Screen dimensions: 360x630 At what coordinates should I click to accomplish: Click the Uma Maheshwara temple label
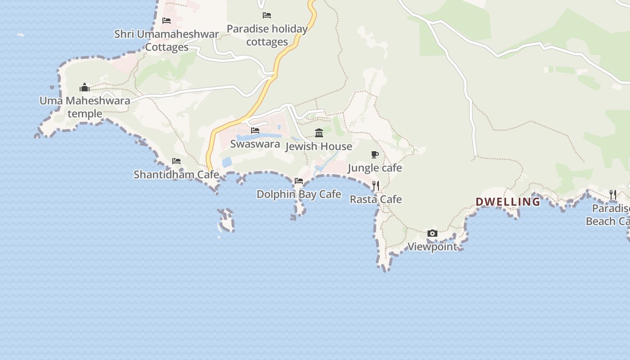point(85,107)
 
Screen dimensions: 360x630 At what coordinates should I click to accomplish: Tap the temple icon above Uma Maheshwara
point(85,87)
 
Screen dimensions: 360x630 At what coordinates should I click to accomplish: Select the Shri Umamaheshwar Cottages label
point(166,40)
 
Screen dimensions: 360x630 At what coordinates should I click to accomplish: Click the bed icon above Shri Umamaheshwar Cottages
point(166,21)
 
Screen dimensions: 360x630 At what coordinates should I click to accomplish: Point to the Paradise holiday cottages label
point(267,35)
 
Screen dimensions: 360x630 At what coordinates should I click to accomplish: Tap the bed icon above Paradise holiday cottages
point(267,15)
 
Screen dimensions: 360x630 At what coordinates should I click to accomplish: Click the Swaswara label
point(255,144)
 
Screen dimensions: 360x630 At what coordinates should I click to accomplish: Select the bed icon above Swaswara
point(255,130)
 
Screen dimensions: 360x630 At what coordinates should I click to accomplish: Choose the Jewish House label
point(319,146)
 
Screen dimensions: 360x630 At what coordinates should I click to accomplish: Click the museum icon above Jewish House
point(319,133)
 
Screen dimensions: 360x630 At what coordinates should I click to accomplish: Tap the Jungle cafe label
point(375,168)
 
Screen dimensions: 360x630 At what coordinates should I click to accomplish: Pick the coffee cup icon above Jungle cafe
point(374,155)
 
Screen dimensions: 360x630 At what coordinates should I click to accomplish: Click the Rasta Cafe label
point(376,199)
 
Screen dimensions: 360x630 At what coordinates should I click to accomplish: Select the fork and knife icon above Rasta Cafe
point(376,186)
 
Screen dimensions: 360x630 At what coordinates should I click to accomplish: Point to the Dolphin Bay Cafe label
point(299,194)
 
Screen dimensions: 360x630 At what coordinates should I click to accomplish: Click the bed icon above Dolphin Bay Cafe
point(299,181)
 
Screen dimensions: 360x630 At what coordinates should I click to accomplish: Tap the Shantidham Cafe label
point(176,175)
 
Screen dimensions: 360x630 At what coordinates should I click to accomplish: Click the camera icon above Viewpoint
point(432,233)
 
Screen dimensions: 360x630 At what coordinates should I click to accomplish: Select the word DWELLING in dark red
point(508,202)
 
